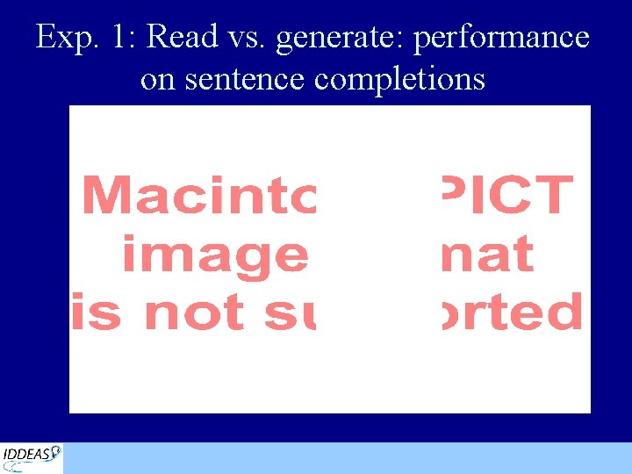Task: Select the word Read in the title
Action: pyautogui.click(x=183, y=37)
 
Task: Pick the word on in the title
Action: pyautogui.click(x=157, y=79)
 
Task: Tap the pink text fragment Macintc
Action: pyautogui.click(x=198, y=195)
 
